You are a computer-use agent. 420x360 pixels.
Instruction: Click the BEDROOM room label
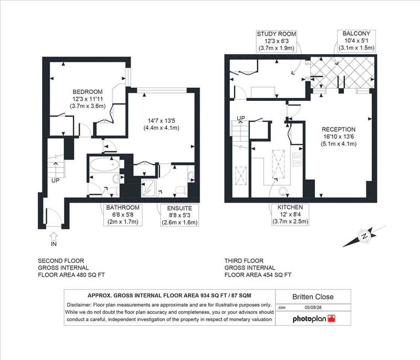click(x=88, y=92)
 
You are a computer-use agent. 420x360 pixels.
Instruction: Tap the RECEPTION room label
click(x=339, y=129)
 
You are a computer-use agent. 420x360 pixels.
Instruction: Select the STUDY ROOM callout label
click(x=277, y=34)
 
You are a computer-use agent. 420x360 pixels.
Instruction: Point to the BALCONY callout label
click(x=356, y=34)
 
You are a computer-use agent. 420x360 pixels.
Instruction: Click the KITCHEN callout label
click(x=290, y=207)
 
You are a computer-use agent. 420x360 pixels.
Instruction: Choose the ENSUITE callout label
click(x=180, y=208)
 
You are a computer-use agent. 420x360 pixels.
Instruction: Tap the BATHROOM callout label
click(x=123, y=207)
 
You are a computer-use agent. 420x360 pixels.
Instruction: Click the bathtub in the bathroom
click(x=104, y=164)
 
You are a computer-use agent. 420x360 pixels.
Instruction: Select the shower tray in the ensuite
click(x=148, y=188)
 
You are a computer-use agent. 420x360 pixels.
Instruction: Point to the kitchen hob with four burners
click(x=297, y=159)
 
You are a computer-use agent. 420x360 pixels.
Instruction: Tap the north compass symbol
click(x=364, y=236)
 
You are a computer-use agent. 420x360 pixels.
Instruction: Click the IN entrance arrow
click(x=54, y=236)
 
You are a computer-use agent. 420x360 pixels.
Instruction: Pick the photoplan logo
click(x=314, y=319)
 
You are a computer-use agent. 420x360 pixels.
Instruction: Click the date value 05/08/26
click(x=313, y=308)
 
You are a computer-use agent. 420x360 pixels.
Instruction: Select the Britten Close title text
click(x=313, y=297)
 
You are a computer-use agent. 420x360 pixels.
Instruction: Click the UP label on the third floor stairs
click(x=241, y=118)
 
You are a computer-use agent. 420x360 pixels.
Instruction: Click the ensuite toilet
click(x=180, y=190)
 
